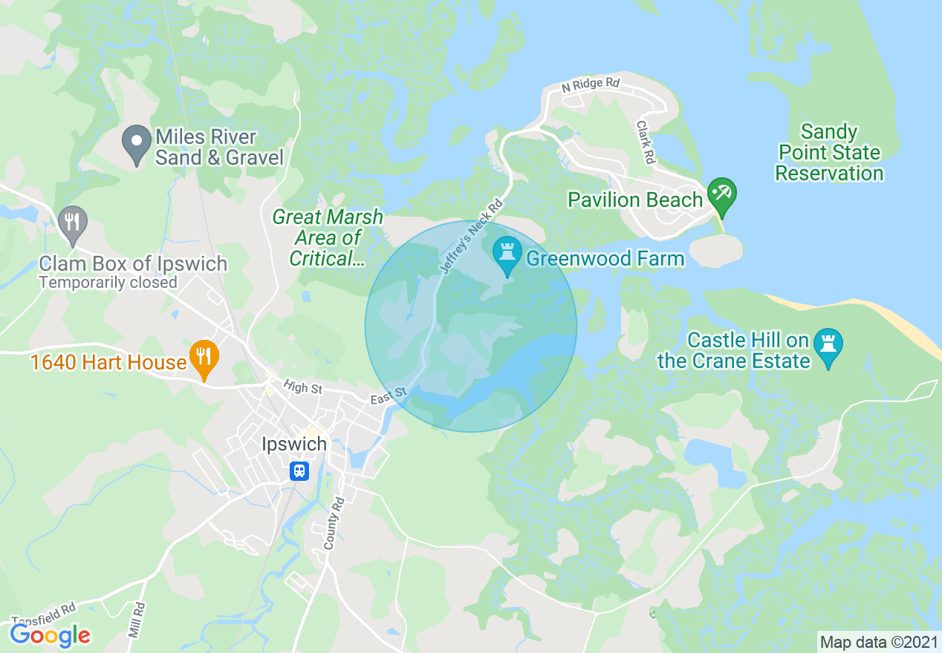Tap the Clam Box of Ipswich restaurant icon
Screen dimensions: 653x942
coord(72,222)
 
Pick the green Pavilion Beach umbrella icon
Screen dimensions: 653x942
coord(720,194)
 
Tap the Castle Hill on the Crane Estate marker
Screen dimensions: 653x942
coord(828,345)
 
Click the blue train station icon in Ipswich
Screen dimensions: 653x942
coord(299,471)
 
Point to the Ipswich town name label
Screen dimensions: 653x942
coord(294,444)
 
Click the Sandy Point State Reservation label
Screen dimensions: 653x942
coord(828,153)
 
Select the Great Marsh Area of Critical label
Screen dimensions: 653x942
coord(328,237)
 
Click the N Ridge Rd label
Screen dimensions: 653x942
coord(591,85)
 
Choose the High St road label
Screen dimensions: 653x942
coord(302,387)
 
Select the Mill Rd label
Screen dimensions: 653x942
coord(135,620)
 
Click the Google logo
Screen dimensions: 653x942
coord(51,634)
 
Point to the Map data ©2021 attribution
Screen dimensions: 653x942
coord(879,642)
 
